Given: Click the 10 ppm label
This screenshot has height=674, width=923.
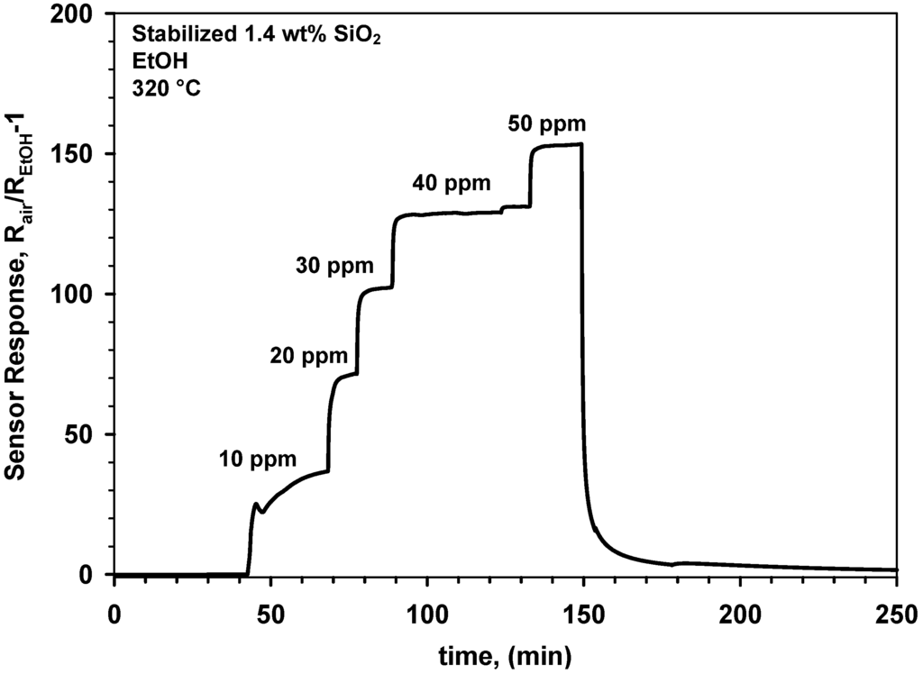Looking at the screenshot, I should (x=257, y=459).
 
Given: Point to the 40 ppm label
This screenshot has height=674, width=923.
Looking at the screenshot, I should (x=452, y=184).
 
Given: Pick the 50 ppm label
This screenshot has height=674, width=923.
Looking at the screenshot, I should (x=547, y=122).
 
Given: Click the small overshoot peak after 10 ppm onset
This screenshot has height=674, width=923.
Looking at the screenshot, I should (x=256, y=505).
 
